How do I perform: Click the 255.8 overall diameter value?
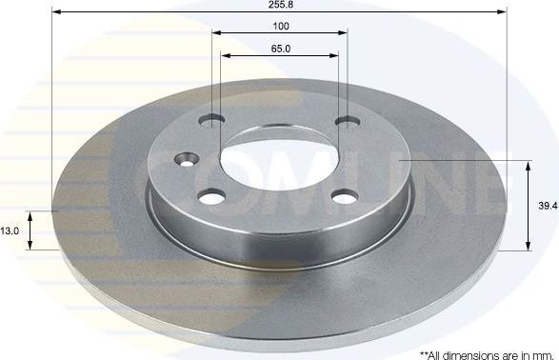point(280,5)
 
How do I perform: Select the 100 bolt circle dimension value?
point(280,26)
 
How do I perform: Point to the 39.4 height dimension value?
point(546,206)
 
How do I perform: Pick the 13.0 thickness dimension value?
point(10,230)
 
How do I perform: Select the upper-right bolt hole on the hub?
point(347,122)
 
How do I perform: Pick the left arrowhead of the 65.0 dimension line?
point(226,56)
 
